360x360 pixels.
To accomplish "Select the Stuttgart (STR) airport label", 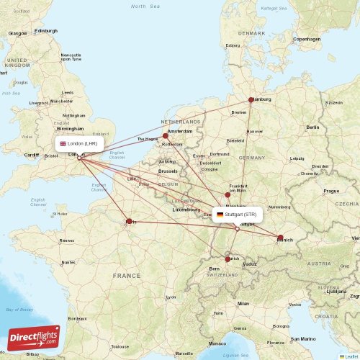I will pos(236,215).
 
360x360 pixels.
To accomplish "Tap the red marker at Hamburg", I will pos(251,100).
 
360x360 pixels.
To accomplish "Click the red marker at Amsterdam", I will pos(166,135).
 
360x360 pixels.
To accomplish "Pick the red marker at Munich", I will pos(280,238).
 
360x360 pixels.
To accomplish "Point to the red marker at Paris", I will pos(130,222).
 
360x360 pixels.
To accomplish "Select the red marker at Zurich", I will pos(228,259).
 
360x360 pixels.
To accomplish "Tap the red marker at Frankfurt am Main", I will pos(228,194).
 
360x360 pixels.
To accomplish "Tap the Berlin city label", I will pos(312,127).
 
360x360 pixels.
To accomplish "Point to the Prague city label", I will pos(330,191).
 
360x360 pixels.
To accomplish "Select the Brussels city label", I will pos(168,171).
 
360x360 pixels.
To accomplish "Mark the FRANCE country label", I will pos(127,275).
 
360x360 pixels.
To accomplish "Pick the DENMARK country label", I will pos(252,33).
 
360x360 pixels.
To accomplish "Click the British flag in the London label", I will pos(63,143).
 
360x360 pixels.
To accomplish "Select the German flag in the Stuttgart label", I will pos(220,215).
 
